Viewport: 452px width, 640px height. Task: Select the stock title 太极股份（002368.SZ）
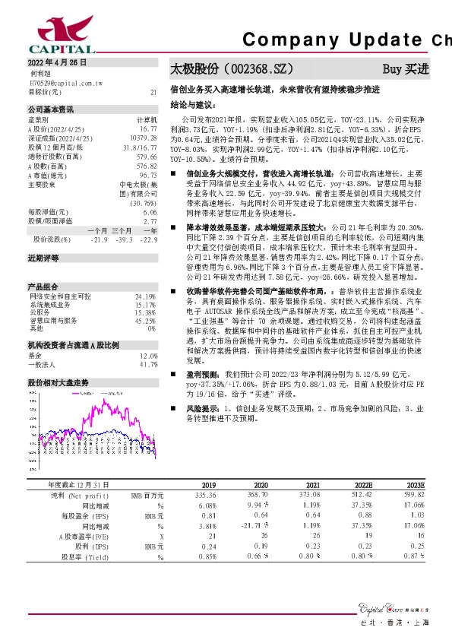click(231, 68)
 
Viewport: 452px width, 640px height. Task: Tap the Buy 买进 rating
click(406, 68)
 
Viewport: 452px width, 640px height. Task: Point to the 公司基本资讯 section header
click(51, 109)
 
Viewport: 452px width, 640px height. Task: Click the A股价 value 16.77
click(148, 128)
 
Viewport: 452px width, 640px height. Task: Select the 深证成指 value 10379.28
click(143, 138)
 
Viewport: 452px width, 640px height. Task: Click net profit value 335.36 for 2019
click(206, 495)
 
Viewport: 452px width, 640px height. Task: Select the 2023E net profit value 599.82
click(413, 495)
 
